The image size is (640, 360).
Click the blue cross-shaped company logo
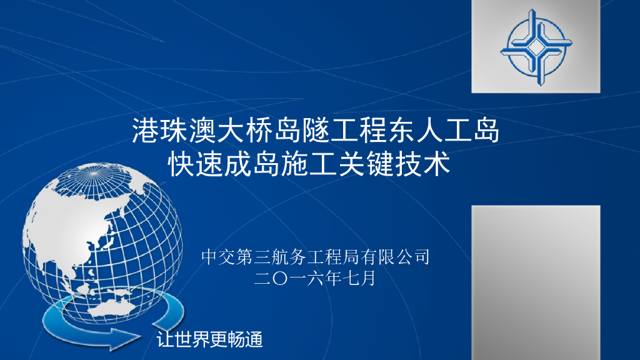coord(536,47)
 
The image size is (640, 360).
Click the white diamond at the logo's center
coord(536,47)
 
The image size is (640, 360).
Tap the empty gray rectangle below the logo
coord(536,282)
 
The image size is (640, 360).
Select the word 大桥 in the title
coord(245,131)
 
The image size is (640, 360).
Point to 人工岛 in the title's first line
coord(458,131)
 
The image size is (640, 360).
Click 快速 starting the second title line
coord(196,164)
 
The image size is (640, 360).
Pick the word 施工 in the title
coord(309,164)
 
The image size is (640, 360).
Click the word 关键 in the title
coord(366,164)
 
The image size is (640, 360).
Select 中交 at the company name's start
coord(217,257)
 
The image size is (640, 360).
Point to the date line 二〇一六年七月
coord(315,279)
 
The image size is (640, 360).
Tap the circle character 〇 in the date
coord(280,279)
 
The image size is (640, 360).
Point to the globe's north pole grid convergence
coord(94,174)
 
